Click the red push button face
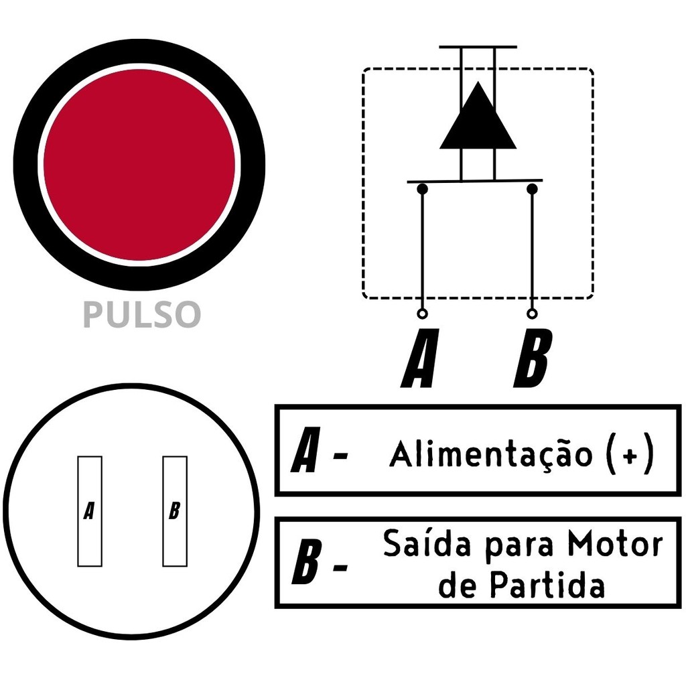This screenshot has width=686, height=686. (139, 165)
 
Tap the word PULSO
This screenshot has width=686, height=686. (142, 314)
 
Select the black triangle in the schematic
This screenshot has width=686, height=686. (478, 115)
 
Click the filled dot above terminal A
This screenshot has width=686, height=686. (422, 189)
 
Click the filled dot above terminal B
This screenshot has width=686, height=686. (532, 189)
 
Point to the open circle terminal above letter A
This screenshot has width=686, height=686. (422, 314)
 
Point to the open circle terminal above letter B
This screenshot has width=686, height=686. (532, 314)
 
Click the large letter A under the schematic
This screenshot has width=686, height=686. (420, 358)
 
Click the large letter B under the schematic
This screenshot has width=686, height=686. (533, 358)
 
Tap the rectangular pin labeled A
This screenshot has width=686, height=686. (90, 511)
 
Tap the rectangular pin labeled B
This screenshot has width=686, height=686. (175, 511)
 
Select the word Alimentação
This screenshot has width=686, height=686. (491, 454)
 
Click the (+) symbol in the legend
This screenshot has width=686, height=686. (630, 454)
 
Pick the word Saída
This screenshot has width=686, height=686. (421, 543)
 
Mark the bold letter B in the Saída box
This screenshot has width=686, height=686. (306, 562)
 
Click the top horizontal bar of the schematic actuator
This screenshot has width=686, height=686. (478, 47)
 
